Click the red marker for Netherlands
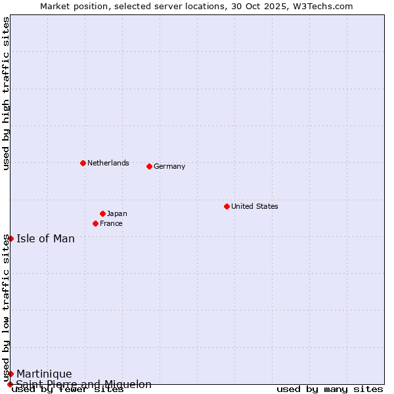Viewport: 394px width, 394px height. [83, 163]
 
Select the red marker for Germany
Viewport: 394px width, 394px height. [149, 166]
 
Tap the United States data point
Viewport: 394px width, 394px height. [227, 206]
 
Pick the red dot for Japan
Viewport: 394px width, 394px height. [102, 213]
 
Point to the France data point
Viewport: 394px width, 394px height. [95, 223]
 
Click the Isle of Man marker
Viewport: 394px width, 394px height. [11, 238]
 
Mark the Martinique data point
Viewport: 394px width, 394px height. [11, 374]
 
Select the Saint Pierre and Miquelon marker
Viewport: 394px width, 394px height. [10, 384]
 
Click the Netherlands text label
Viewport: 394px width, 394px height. [108, 163]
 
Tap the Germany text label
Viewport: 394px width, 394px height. [169, 166]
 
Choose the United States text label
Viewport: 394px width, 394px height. [255, 206]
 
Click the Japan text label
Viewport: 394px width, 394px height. [117, 213]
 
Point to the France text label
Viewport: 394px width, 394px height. [111, 223]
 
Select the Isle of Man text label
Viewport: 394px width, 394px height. [46, 238]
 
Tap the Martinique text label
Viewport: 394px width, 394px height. [44, 374]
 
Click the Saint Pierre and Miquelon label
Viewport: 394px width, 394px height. [84, 384]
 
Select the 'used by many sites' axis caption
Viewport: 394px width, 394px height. [330, 389]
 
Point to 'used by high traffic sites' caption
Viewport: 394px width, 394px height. [6, 93]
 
